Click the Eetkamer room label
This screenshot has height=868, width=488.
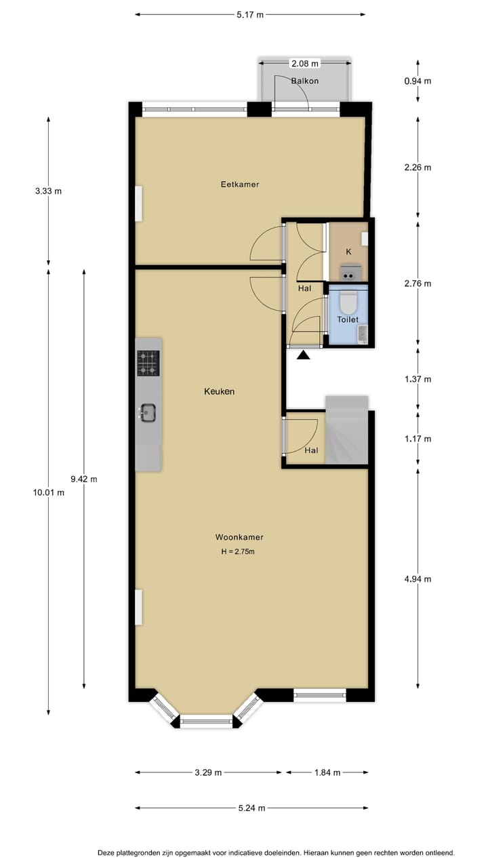[x=240, y=184]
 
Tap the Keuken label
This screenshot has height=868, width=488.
[x=220, y=391]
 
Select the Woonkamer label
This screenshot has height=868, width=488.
[x=239, y=537]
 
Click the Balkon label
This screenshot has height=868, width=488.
[x=304, y=81]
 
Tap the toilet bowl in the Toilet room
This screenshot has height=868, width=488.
[x=348, y=300]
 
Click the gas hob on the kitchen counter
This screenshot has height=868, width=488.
[x=148, y=363]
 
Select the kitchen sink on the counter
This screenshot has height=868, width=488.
[x=148, y=412]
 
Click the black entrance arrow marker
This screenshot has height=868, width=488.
[x=303, y=353]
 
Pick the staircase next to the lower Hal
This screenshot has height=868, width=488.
[x=346, y=431]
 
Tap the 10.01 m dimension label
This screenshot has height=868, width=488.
[x=49, y=493]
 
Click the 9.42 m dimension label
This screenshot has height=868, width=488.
[x=84, y=479]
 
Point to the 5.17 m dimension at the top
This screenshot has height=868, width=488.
[x=250, y=14]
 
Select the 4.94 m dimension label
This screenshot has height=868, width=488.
[x=418, y=578]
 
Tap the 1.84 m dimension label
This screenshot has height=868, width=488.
[x=327, y=772]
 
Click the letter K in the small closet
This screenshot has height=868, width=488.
[x=348, y=252]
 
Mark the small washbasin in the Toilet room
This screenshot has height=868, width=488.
[x=362, y=334]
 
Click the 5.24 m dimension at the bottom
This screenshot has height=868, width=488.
[x=251, y=808]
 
